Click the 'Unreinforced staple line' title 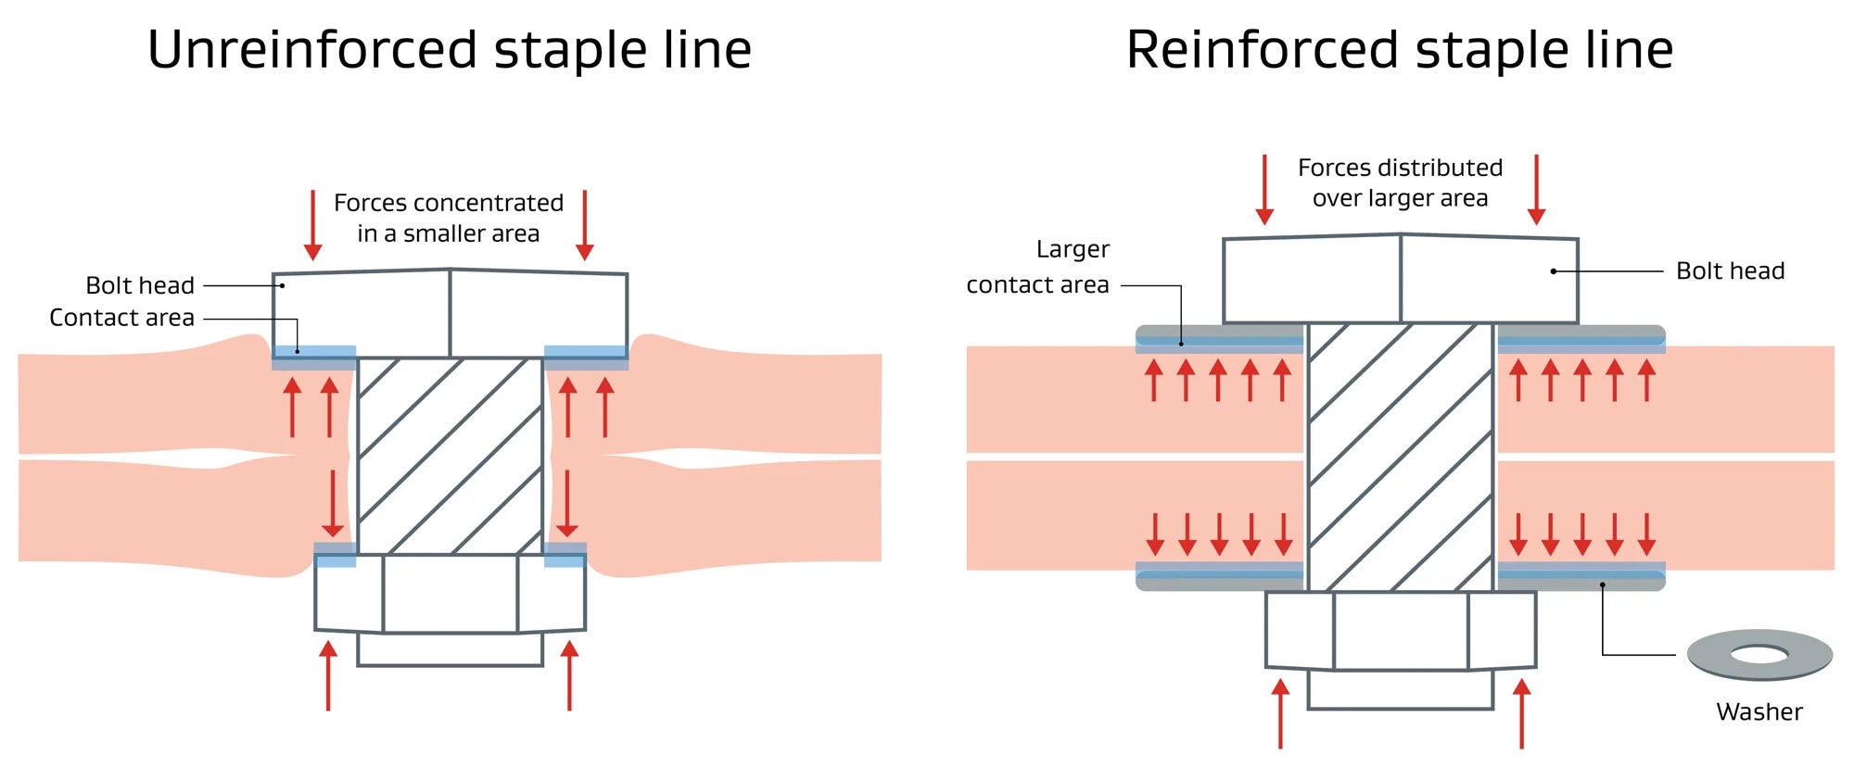click(450, 50)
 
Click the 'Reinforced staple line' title click(1400, 50)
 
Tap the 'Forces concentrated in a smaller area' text click(449, 218)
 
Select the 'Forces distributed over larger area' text click(1400, 182)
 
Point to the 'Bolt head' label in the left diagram click(140, 285)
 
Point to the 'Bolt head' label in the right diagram click(1730, 270)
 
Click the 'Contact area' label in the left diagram click(121, 318)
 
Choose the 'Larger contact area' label click(1038, 267)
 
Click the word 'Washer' click(1759, 711)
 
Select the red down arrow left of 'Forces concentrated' click(313, 225)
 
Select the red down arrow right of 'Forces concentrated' click(584, 225)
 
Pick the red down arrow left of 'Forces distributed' click(1264, 190)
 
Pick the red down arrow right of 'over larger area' click(1536, 190)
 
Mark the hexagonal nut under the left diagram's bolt click(450, 594)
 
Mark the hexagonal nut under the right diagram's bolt click(1400, 631)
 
